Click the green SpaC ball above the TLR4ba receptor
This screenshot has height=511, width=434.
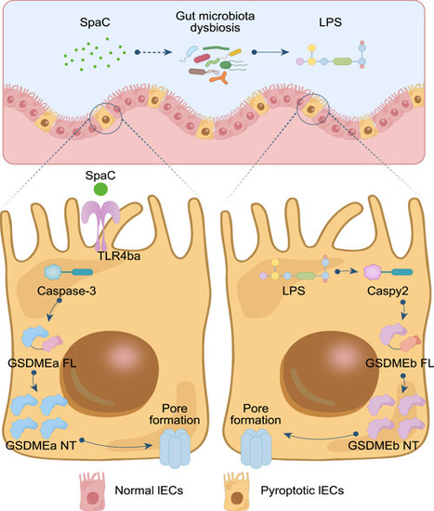point(100,190)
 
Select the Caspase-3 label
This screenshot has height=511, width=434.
point(67,291)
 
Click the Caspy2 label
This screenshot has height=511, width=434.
point(388,291)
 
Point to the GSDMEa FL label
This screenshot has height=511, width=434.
point(42,362)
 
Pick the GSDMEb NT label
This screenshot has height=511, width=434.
point(383,445)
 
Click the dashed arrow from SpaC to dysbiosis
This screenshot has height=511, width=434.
point(153,52)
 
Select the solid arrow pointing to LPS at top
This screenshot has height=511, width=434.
point(270,52)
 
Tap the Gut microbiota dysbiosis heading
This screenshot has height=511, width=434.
point(216,22)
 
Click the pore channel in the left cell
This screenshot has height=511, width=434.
point(175,448)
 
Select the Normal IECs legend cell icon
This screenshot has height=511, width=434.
point(93,491)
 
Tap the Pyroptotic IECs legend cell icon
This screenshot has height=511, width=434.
point(237,491)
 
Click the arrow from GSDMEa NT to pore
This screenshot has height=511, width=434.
point(116,445)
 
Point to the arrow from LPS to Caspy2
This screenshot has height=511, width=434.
point(347,271)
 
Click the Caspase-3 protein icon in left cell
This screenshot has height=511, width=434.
point(69,272)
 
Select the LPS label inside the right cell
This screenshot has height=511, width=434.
point(294,291)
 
